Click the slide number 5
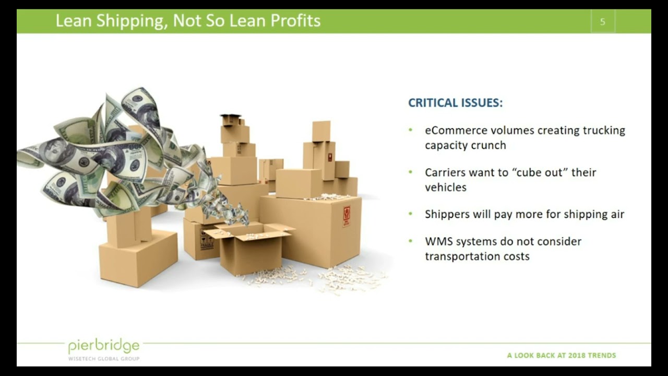point(603,22)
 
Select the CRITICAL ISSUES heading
point(455,103)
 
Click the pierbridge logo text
point(104,346)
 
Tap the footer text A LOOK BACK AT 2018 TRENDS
point(562,356)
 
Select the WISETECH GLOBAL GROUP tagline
point(104,359)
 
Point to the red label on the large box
point(346,216)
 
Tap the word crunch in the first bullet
point(488,146)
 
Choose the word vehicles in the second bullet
point(446,187)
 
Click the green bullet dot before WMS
point(411,241)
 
